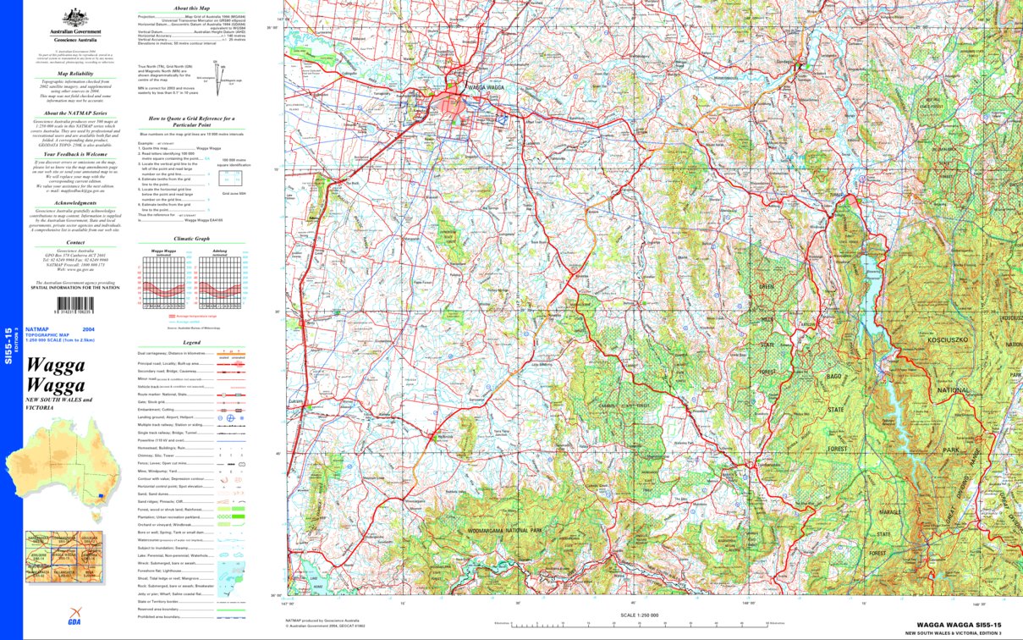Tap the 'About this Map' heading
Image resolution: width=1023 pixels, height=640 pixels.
click(x=191, y=7)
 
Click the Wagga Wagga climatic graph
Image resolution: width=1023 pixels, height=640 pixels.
click(x=164, y=283)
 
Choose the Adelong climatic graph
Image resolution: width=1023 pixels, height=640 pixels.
click(x=219, y=283)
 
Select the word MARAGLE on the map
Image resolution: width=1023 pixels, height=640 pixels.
click(x=883, y=513)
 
